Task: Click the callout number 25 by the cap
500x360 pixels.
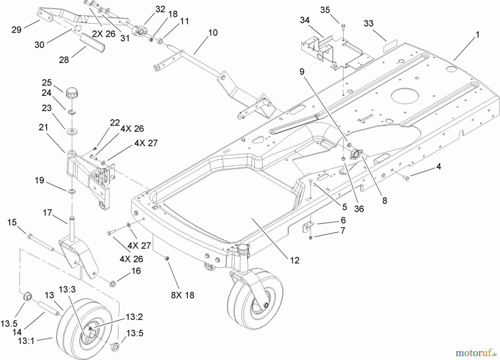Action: coord(47,82)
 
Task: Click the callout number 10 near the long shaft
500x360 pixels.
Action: coord(213,32)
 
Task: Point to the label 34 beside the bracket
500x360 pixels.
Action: coord(305,20)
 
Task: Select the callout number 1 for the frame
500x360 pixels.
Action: coord(477,35)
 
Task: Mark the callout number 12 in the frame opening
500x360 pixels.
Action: coord(295,260)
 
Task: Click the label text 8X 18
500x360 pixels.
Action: coord(182,295)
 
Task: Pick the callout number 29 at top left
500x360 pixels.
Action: coord(16,29)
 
